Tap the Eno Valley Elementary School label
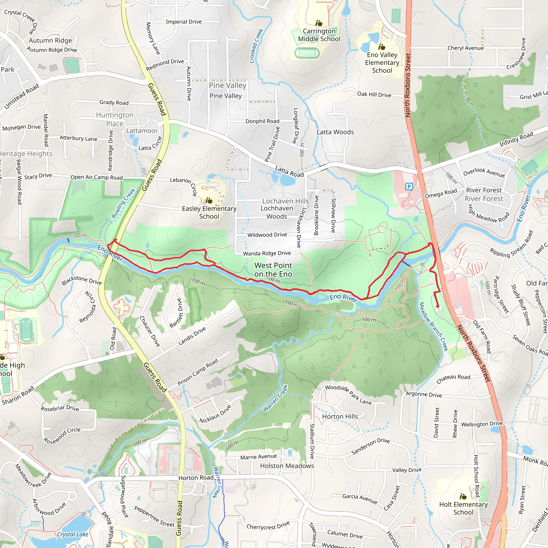(382, 63)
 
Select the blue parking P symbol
(409, 186)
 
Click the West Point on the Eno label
(273, 270)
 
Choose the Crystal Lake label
(73, 534)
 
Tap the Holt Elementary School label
(463, 508)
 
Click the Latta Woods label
(335, 132)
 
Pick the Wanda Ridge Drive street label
(267, 253)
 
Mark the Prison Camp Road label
(198, 372)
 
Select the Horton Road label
(196, 478)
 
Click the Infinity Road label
(516, 139)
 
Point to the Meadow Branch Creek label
(433, 326)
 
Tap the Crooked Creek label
(256, 46)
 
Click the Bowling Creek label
(123, 203)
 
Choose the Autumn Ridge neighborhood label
(50, 41)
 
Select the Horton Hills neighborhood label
(340, 416)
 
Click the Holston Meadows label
(287, 466)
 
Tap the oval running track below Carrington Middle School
(307, 53)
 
